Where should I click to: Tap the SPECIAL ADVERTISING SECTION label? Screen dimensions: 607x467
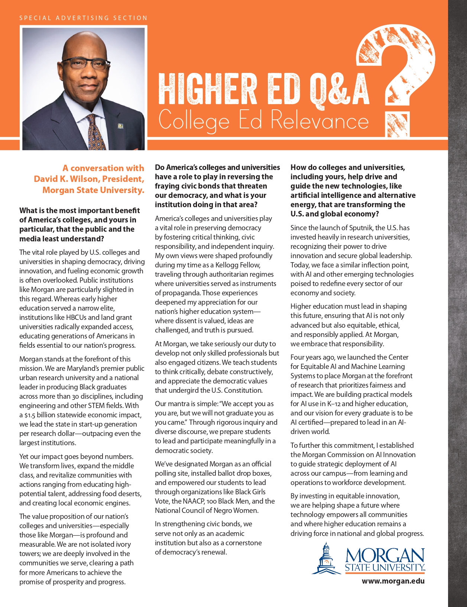83,18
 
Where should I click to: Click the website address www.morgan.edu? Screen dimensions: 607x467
393,581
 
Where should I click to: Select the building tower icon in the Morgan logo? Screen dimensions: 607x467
326,558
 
